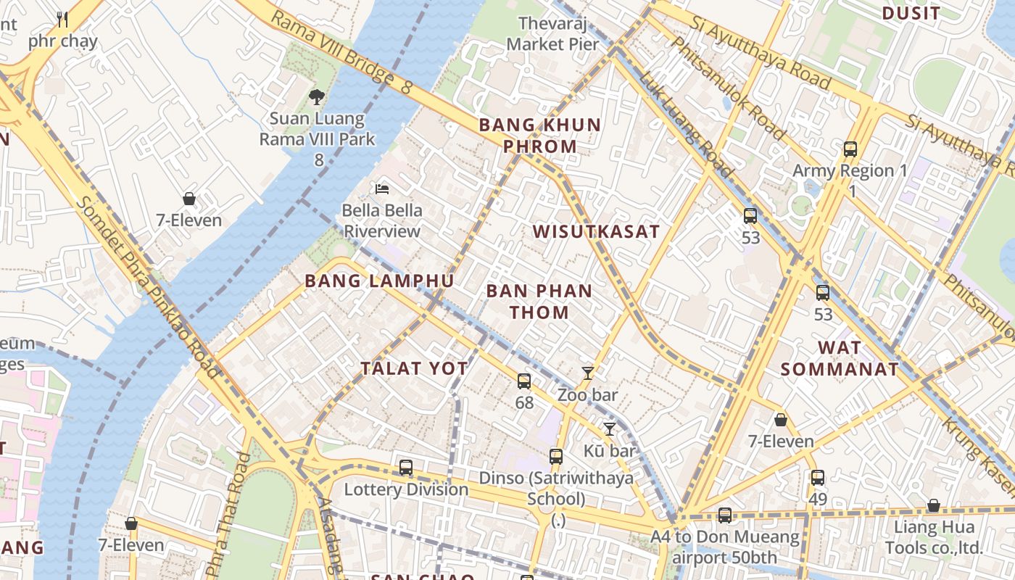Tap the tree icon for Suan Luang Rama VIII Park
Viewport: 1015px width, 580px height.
pyautogui.click(x=316, y=96)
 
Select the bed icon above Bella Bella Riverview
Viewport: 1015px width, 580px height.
pyautogui.click(x=382, y=189)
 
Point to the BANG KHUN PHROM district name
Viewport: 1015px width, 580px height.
pyautogui.click(x=540, y=136)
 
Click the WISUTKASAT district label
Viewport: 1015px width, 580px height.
pyautogui.click(x=596, y=231)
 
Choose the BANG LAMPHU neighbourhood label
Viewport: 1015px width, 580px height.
pyautogui.click(x=379, y=281)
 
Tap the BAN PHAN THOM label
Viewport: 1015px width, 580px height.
pyautogui.click(x=539, y=302)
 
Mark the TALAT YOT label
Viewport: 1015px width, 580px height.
pyautogui.click(x=415, y=368)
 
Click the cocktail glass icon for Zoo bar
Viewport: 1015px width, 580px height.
pyautogui.click(x=588, y=373)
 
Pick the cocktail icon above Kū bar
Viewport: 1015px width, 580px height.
pyautogui.click(x=610, y=429)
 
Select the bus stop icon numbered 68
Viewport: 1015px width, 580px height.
pyautogui.click(x=524, y=381)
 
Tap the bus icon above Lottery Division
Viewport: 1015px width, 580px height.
pyautogui.click(x=406, y=468)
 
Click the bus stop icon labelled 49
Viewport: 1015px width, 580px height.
pyautogui.click(x=818, y=478)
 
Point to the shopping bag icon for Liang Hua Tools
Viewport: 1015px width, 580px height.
pyautogui.click(x=934, y=505)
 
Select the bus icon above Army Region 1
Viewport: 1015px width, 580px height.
pyautogui.click(x=850, y=149)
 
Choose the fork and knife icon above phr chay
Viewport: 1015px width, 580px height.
pyautogui.click(x=62, y=20)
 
